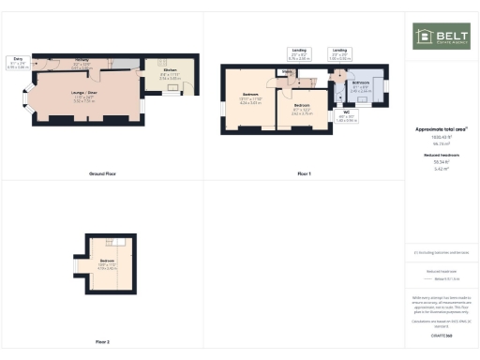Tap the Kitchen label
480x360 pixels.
click(x=170, y=73)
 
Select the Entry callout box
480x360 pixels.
click(x=17, y=64)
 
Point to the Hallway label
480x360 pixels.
click(x=82, y=62)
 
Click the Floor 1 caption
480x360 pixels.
click(x=304, y=174)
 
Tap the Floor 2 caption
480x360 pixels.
click(x=102, y=341)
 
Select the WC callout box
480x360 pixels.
click(x=346, y=118)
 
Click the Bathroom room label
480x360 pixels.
click(x=361, y=86)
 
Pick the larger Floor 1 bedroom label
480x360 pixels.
click(x=250, y=97)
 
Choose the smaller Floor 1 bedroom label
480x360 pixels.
click(x=301, y=108)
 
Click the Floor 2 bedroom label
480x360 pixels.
click(x=107, y=262)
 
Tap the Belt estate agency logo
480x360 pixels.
click(x=442, y=37)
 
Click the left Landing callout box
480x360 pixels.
click(x=299, y=54)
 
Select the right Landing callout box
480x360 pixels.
click(x=339, y=54)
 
